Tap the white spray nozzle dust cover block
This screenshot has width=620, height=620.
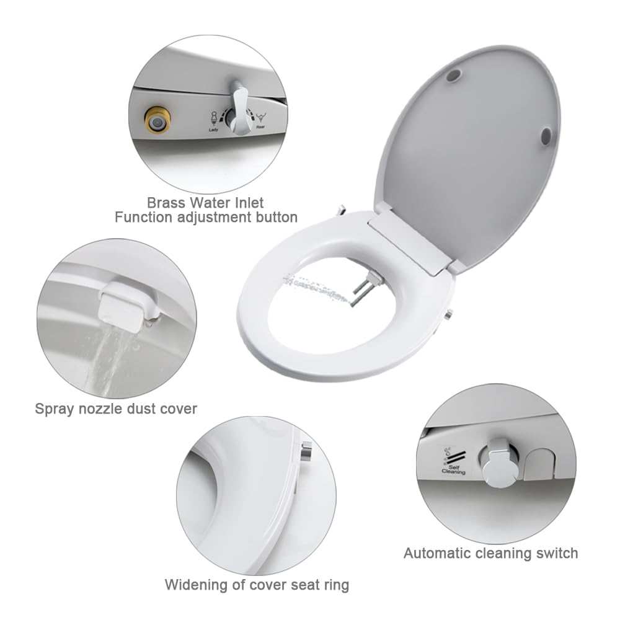pyautogui.click(x=122, y=304)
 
